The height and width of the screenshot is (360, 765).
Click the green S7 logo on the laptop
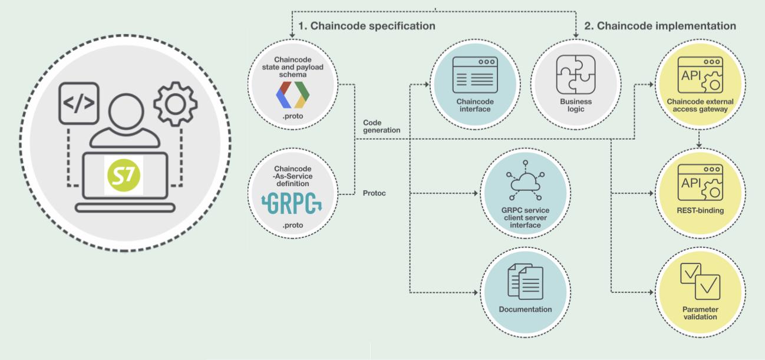click(123, 174)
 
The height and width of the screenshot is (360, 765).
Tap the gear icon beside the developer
click(176, 102)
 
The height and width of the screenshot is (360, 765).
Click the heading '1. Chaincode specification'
click(367, 26)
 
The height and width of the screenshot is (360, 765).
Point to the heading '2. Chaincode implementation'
click(660, 26)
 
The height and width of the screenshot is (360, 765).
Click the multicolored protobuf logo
click(293, 94)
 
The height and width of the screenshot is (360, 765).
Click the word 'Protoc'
click(374, 193)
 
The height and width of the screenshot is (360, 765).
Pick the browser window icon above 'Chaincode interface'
click(473, 75)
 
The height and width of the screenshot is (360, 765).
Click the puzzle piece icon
click(575, 75)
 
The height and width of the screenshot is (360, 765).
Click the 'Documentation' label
click(525, 309)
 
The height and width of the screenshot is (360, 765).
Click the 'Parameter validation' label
click(700, 312)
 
